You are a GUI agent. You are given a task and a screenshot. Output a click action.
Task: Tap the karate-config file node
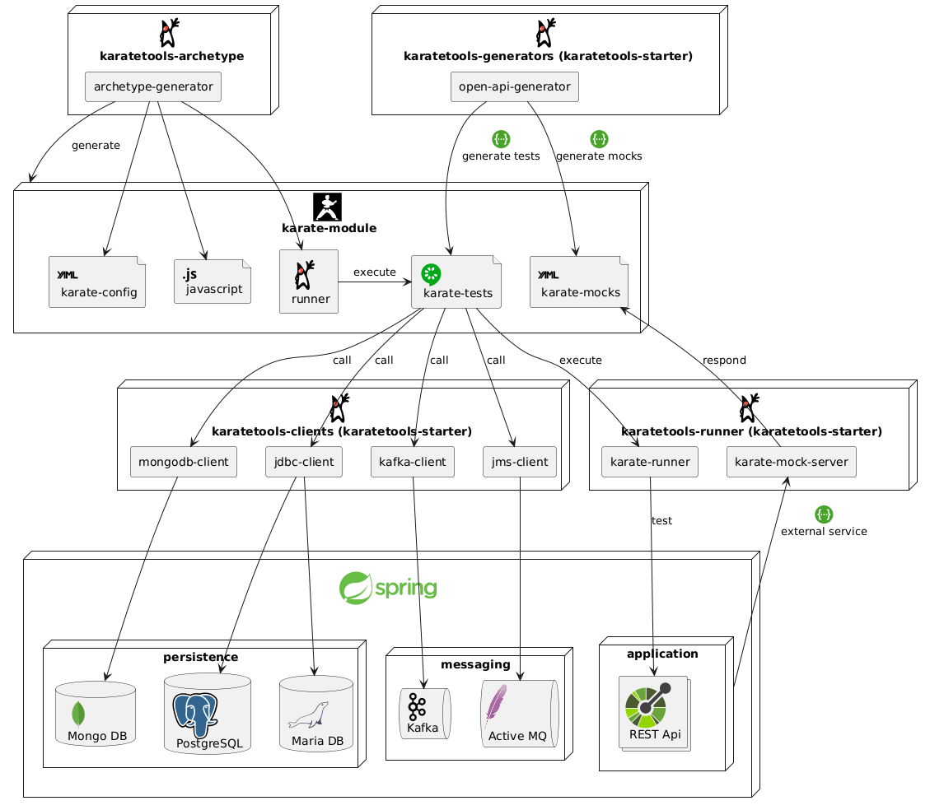[x=97, y=282]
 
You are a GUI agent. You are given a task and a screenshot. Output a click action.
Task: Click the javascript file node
[x=213, y=281]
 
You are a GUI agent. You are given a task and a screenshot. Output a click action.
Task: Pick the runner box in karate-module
[x=309, y=282]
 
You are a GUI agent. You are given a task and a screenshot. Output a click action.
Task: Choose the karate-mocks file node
[x=579, y=282]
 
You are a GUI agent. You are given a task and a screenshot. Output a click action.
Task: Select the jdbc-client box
[x=304, y=462]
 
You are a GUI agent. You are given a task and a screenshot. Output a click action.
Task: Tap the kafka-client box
[x=413, y=462]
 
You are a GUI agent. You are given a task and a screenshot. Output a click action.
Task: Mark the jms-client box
[x=520, y=462]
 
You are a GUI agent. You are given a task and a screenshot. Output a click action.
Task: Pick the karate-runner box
[x=650, y=462]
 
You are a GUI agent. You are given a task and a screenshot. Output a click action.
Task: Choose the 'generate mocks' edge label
[x=599, y=156]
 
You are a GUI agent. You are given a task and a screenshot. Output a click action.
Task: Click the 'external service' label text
[x=824, y=531]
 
